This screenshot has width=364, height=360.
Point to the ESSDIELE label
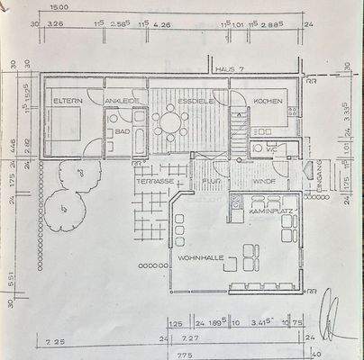(x=194, y=101)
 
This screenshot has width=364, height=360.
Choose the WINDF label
(x=264, y=180)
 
